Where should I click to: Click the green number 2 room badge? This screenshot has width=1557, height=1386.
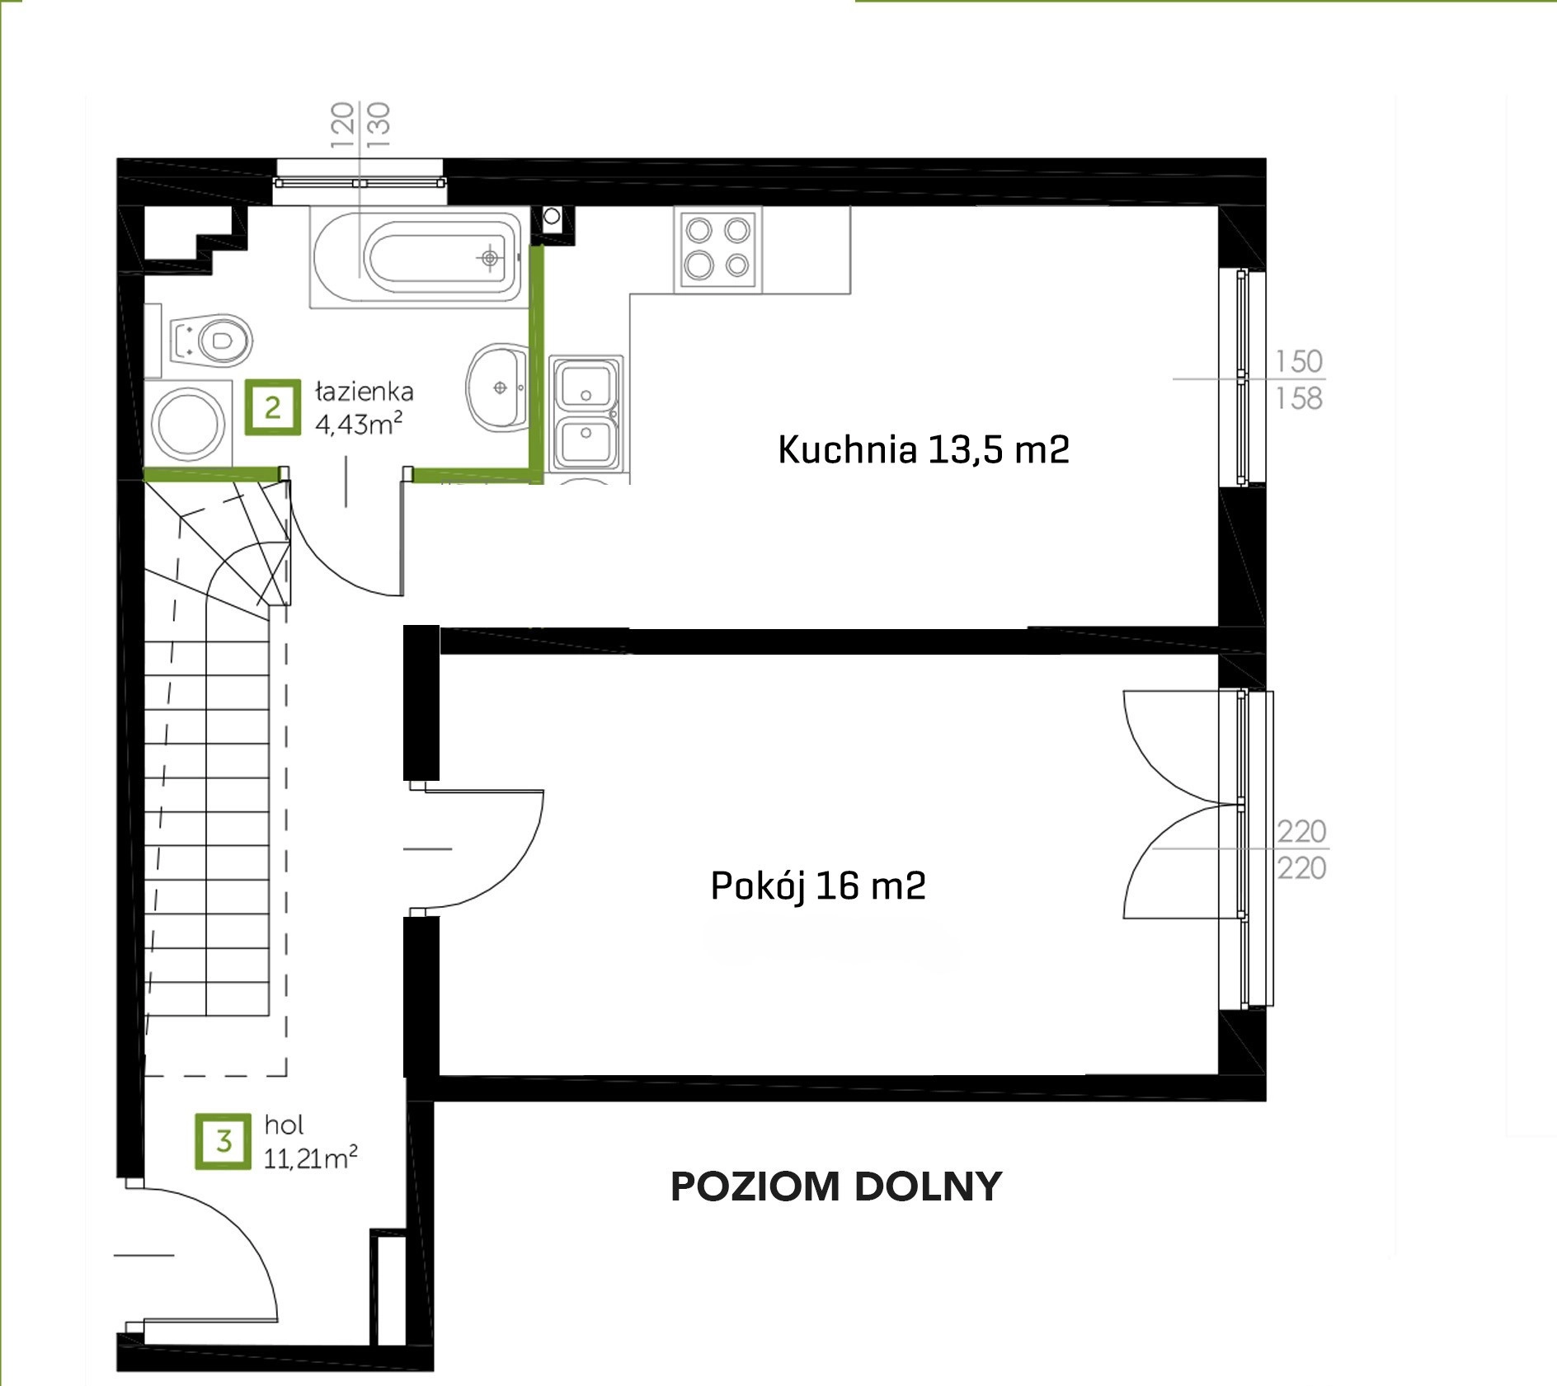273,407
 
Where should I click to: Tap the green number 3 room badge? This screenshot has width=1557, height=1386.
223,1141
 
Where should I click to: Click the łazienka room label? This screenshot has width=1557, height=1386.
364,392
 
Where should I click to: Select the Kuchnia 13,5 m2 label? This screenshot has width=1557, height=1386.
924,450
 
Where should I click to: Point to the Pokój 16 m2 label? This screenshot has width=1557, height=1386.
818,886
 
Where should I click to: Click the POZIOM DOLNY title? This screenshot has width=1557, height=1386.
836,1186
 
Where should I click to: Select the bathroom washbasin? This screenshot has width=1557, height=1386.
497,387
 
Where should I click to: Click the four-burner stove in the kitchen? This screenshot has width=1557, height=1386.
717,249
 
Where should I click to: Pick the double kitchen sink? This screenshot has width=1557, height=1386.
586,414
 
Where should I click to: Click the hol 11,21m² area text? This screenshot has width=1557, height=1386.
310,1142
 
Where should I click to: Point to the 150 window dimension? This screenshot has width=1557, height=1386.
1299,361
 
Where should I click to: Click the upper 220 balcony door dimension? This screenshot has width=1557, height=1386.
1301,831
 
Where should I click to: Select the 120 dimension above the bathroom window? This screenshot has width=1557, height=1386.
342,125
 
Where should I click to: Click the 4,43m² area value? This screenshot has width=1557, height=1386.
359,424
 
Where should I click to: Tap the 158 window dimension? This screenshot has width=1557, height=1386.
1299,399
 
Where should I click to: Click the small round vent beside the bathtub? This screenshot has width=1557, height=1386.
552,216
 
